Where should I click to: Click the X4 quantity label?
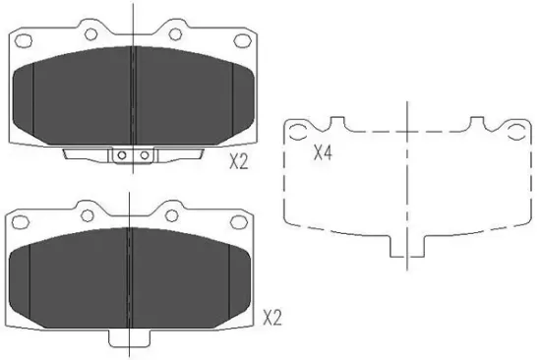[x=323, y=153]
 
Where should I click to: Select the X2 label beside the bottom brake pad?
[x=272, y=318]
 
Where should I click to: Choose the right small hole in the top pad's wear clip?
[x=144, y=154]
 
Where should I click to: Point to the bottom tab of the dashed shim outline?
[x=407, y=250]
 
